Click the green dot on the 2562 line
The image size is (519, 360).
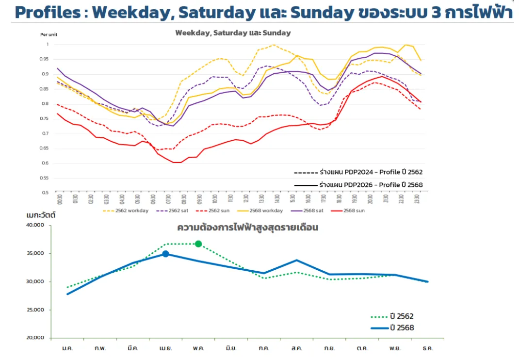198,244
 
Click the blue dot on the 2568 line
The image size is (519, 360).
165,254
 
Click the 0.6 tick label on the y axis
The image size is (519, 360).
45,163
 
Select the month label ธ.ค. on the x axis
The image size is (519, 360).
427,348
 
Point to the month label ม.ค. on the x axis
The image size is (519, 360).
67,348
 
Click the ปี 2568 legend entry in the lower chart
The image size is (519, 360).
402,328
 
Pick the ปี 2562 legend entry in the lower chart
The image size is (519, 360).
402,317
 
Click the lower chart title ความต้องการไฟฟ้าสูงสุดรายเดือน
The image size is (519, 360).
247,228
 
